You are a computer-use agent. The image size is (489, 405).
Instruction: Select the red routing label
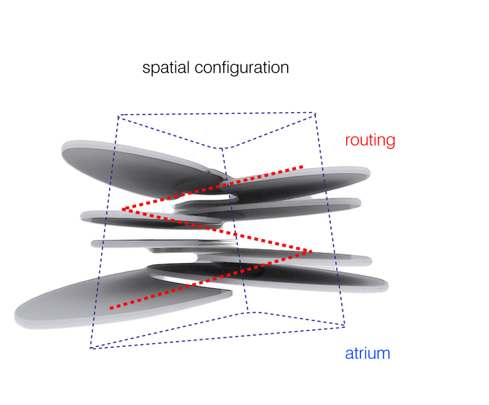370,140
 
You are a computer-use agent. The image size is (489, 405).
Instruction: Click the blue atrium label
367,354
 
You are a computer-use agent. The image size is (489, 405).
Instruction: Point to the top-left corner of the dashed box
118,115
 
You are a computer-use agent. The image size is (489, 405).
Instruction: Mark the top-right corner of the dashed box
315,113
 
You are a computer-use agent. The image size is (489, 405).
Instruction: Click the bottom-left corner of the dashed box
90,349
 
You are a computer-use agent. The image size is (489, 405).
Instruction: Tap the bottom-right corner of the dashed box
345,326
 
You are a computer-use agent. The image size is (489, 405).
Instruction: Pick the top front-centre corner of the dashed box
224,149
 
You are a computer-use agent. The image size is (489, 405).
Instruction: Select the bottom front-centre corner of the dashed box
249,311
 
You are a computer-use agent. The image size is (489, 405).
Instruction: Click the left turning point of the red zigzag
122,209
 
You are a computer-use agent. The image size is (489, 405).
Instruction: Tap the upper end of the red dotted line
303,167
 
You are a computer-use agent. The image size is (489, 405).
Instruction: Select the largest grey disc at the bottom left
94,300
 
